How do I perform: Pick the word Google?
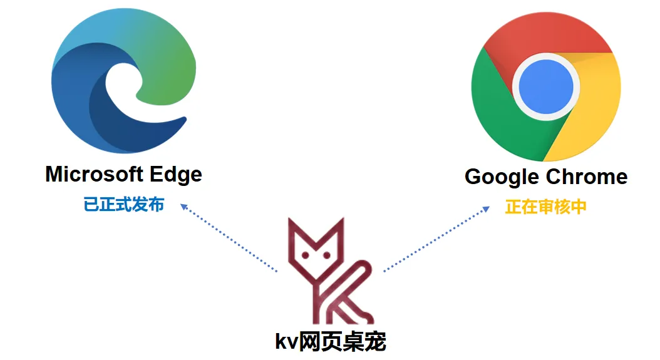tap(502, 177)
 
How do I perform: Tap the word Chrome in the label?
tap(586, 177)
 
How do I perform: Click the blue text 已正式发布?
tap(124, 205)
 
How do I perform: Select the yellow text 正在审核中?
tap(545, 207)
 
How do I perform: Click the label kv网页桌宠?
tap(331, 341)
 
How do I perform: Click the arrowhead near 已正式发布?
tap(184, 206)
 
